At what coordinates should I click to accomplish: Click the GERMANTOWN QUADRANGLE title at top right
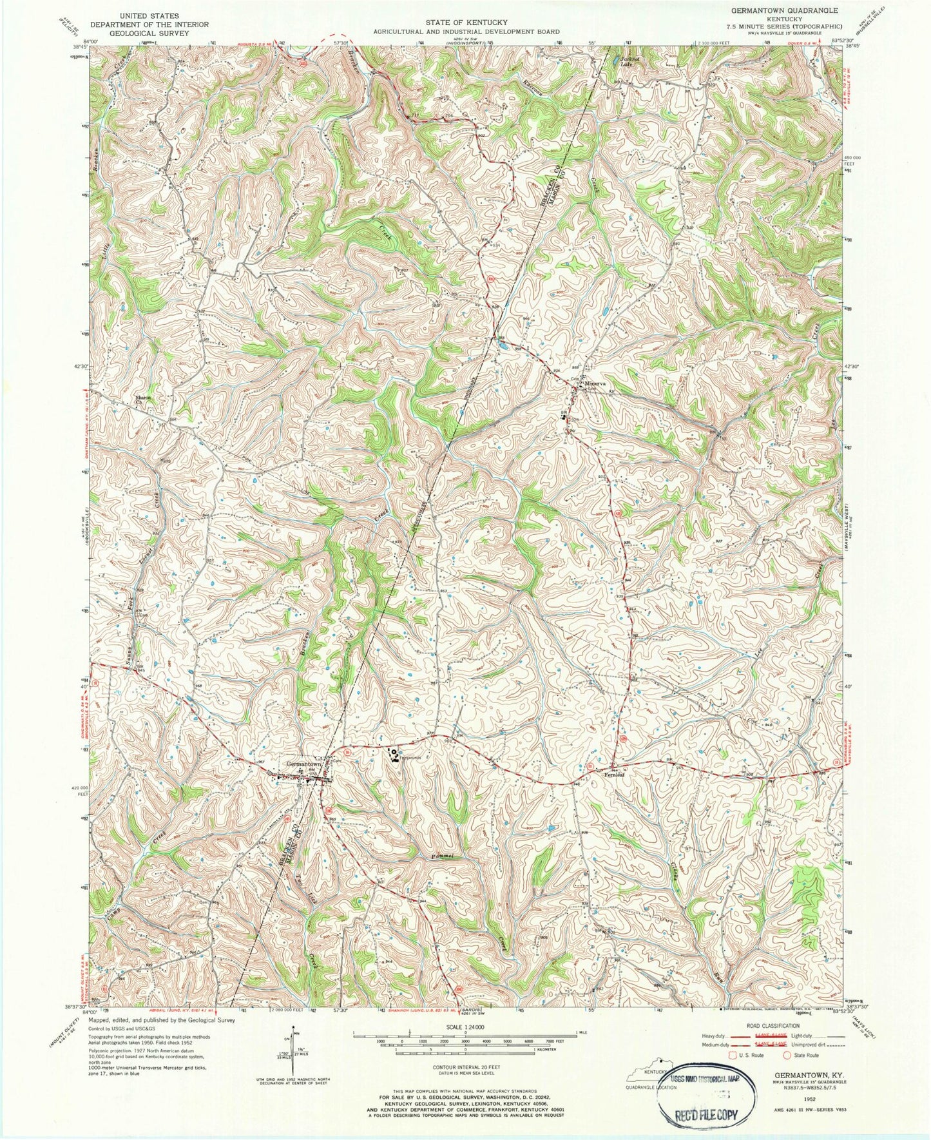(783, 11)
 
